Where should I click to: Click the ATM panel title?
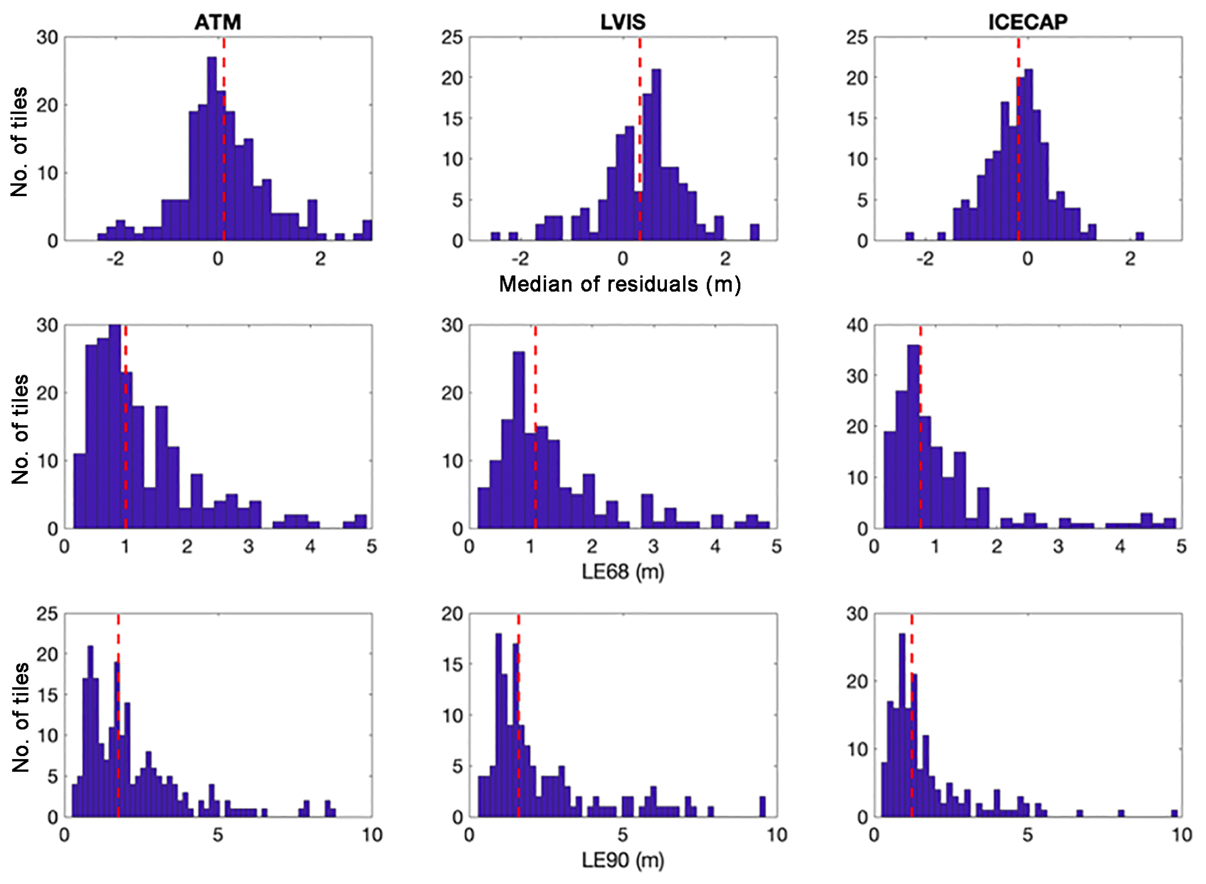click(218, 22)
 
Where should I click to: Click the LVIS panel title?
click(623, 22)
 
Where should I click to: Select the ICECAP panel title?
click(1027, 22)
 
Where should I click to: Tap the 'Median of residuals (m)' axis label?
click(620, 284)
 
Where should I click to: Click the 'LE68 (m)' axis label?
click(623, 572)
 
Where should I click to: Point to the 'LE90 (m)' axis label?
click(623, 860)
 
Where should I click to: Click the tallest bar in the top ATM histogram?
click(212, 149)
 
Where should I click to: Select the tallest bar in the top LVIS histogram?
click(656, 155)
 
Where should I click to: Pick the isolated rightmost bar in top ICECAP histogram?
click(1139, 236)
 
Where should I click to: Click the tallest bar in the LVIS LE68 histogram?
click(518, 440)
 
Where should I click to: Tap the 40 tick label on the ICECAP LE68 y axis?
click(857, 325)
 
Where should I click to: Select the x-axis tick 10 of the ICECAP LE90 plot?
click(1181, 835)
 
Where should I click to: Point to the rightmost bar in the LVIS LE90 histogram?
click(762, 807)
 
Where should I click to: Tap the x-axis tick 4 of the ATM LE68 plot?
click(310, 547)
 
